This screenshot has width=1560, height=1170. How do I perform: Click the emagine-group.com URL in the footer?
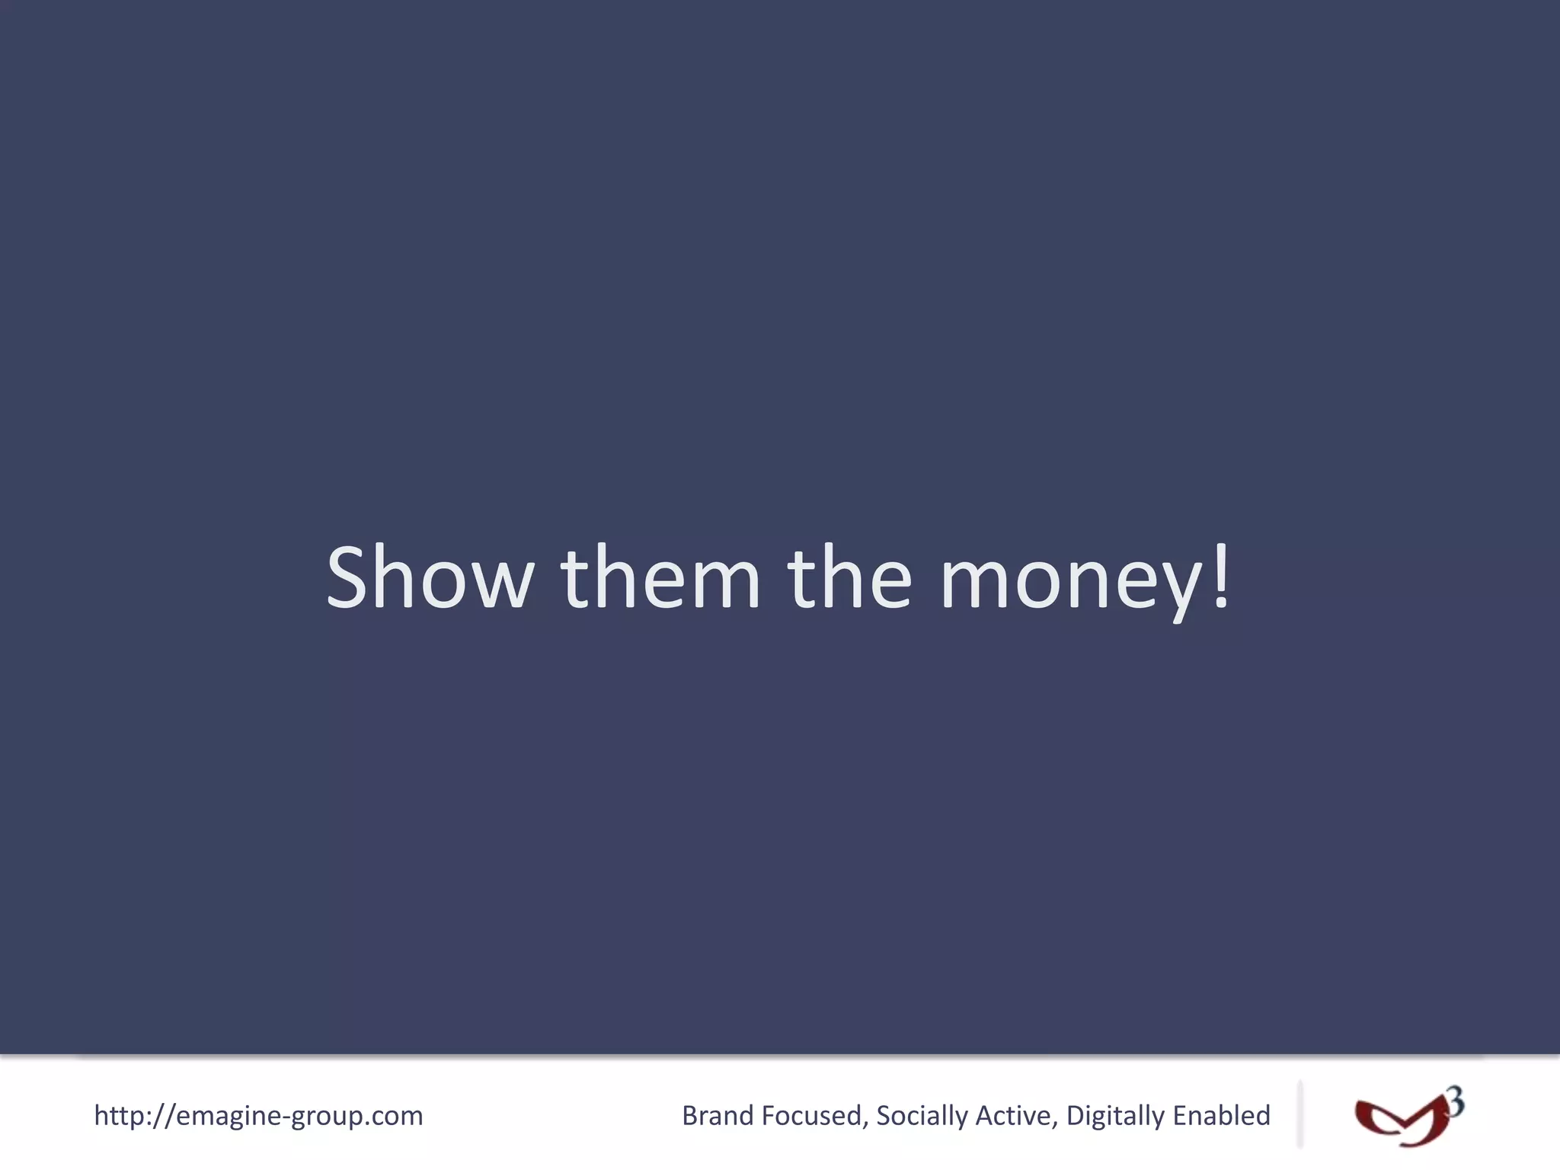[x=258, y=1116]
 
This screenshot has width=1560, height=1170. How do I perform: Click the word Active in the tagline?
[x=1015, y=1116]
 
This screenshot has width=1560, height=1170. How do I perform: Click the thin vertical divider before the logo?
[x=1299, y=1114]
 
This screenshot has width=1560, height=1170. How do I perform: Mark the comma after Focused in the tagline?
[x=865, y=1124]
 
